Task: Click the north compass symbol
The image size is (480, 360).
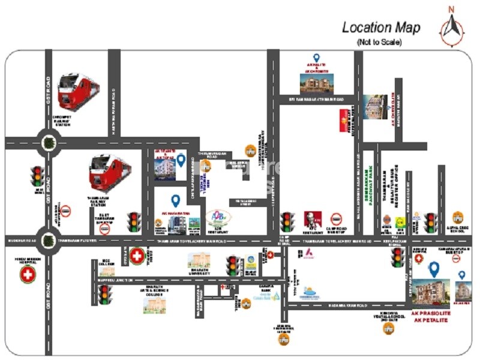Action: (x=452, y=26)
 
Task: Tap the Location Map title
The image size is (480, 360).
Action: (x=381, y=28)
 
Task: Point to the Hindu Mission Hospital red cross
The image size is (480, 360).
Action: (x=28, y=275)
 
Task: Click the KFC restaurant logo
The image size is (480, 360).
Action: (x=310, y=220)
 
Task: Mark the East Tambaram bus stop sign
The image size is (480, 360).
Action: (x=105, y=229)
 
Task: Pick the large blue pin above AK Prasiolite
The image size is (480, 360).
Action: (x=433, y=269)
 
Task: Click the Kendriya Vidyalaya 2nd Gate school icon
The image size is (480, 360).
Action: (x=389, y=328)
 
